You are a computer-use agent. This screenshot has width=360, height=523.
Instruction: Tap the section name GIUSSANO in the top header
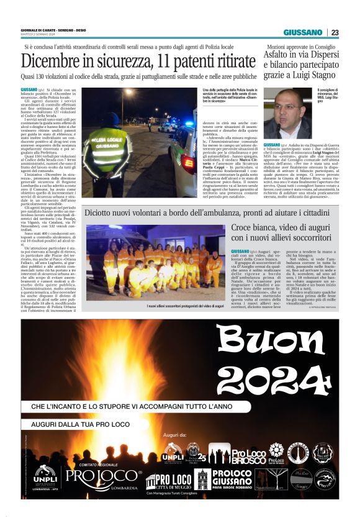[x=303, y=33]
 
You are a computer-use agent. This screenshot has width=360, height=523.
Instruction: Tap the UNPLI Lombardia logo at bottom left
[x=46, y=477]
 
